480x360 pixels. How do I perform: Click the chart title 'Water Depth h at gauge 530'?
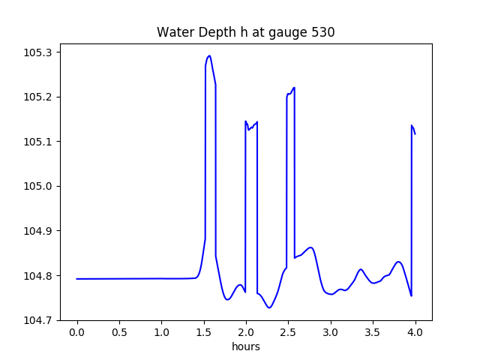click(245, 33)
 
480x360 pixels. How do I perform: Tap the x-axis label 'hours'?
click(245, 346)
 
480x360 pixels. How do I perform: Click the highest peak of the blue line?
click(209, 55)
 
